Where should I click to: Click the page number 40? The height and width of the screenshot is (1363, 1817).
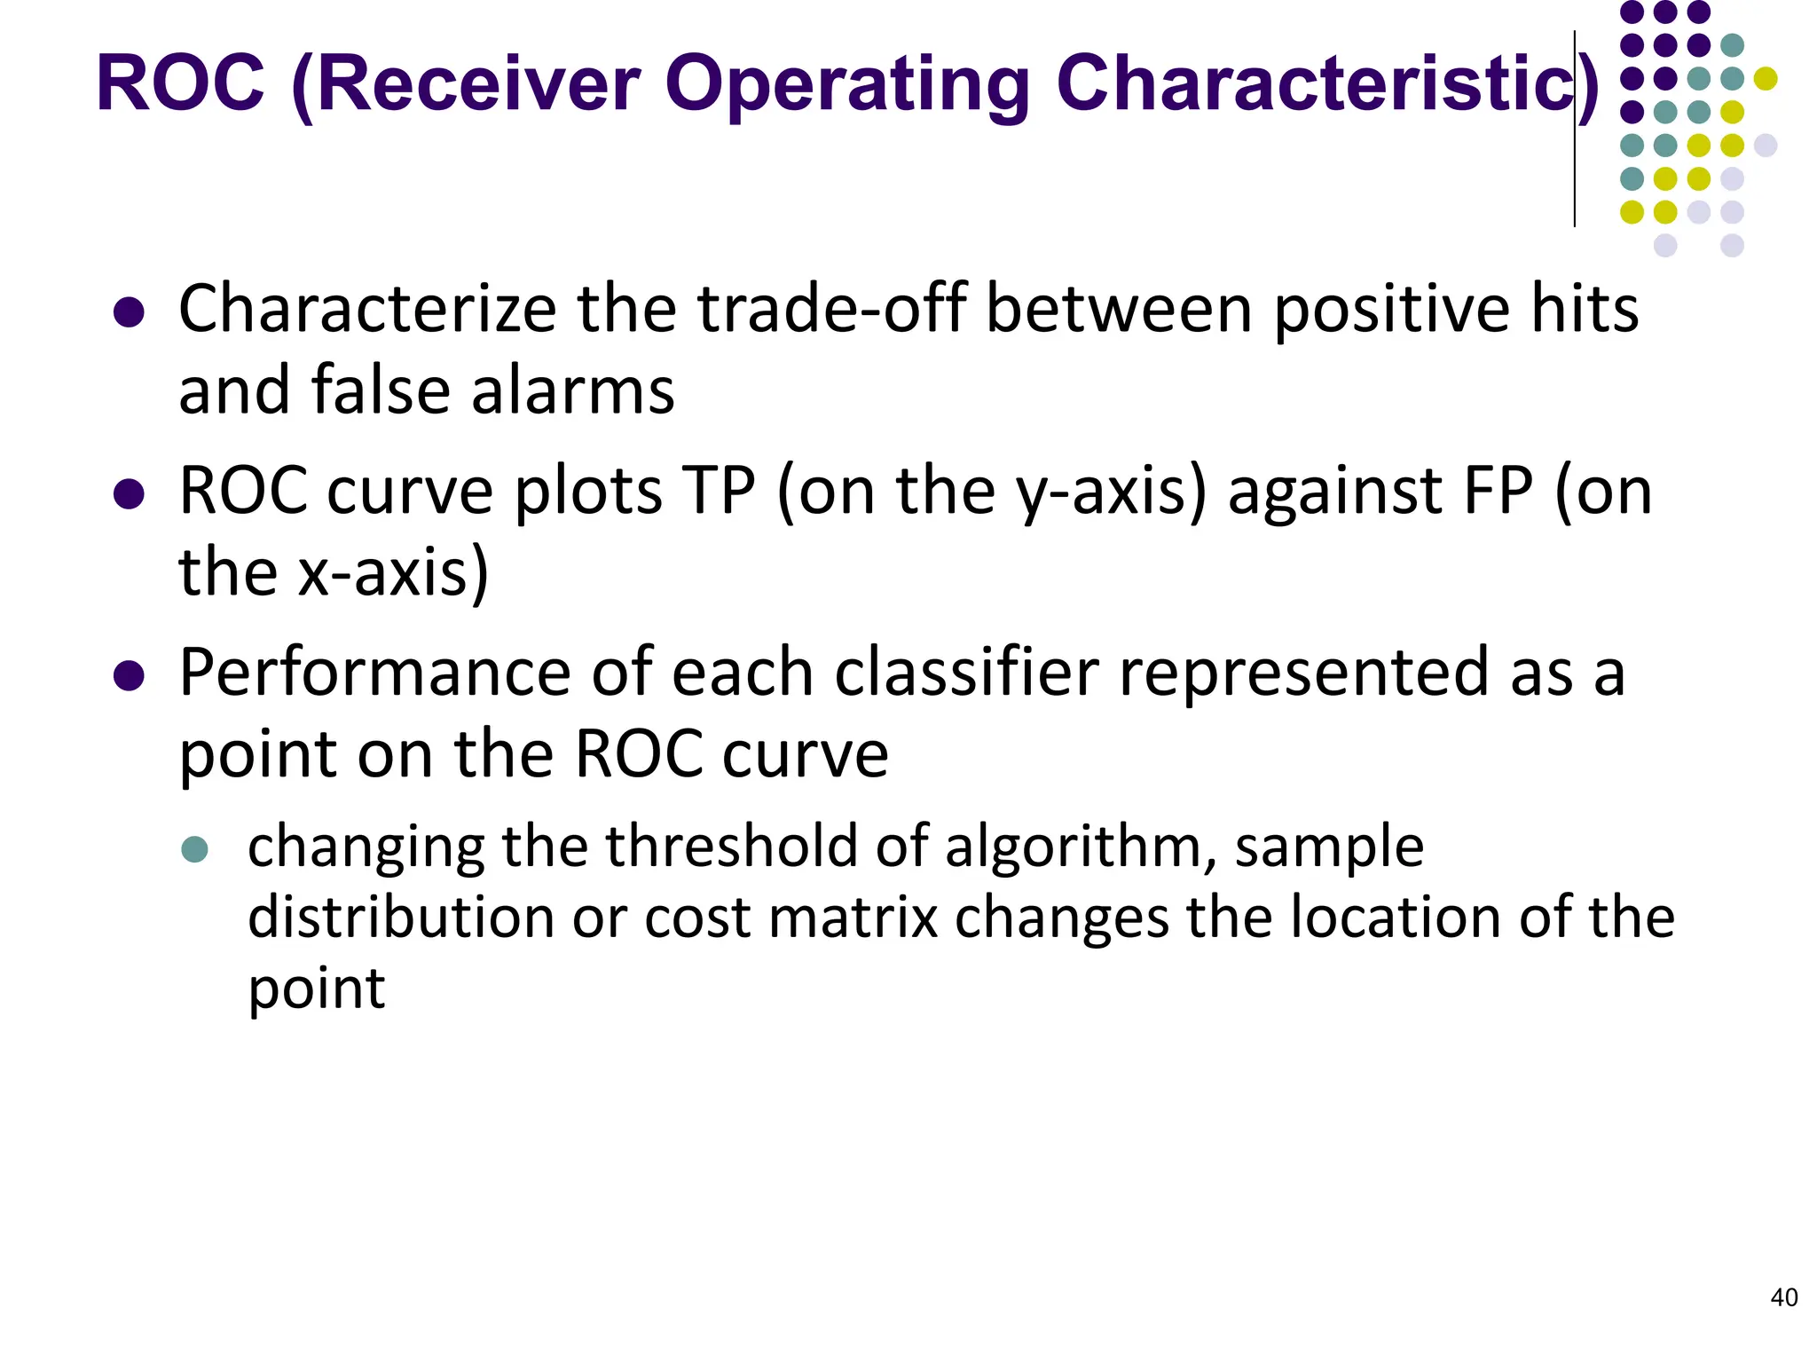(x=1783, y=1297)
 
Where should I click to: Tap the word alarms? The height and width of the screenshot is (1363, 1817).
(x=572, y=390)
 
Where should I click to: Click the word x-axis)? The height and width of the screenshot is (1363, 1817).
(x=393, y=572)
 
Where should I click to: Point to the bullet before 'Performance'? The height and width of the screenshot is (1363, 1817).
(x=130, y=676)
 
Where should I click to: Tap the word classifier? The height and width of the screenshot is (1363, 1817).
(x=965, y=672)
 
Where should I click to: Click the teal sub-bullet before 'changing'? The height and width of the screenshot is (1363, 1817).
(x=194, y=849)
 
